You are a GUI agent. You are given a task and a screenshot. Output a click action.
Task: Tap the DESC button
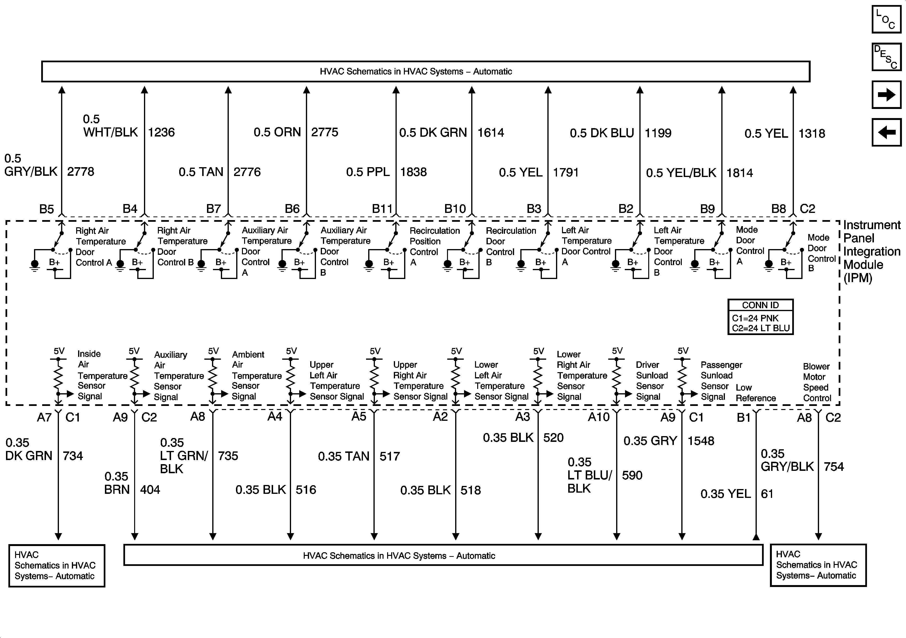[886, 57]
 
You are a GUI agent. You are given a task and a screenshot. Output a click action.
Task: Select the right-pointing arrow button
[886, 95]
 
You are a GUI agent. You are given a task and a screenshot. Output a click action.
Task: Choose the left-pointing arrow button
[886, 132]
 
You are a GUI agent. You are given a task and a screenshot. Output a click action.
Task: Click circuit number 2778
[80, 172]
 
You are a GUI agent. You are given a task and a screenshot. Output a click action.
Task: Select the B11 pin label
[382, 209]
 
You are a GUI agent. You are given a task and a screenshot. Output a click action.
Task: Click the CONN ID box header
[760, 305]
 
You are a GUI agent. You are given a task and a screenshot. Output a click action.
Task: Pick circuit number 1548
[701, 441]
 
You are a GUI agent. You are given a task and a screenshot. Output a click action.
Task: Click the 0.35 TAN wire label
[343, 456]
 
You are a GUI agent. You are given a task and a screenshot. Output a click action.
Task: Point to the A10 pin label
[599, 417]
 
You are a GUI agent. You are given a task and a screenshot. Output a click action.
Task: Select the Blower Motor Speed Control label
[817, 382]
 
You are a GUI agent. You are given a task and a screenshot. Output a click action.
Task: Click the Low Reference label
[755, 393]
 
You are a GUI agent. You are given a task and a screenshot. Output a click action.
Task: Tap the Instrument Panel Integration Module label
[871, 252]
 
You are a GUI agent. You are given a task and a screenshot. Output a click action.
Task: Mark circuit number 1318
[812, 133]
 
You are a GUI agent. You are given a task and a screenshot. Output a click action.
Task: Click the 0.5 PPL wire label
[367, 172]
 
